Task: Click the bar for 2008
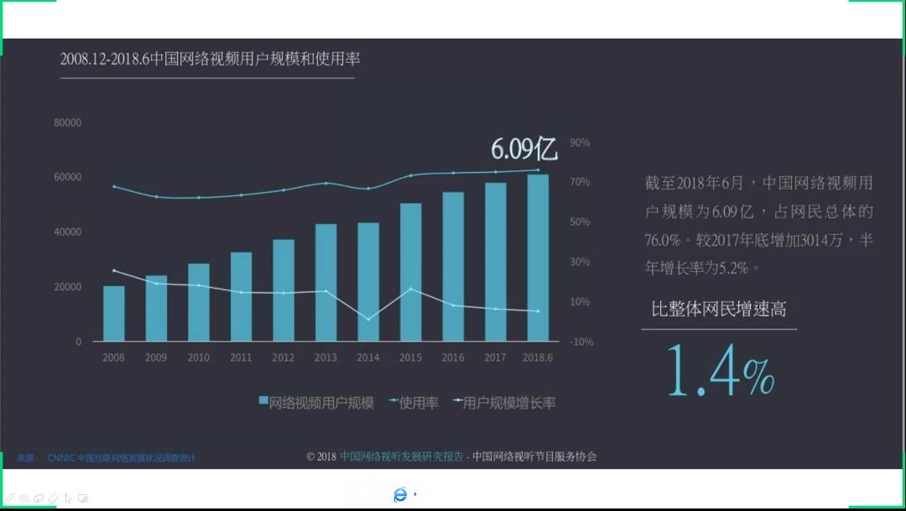113,314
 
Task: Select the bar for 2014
367,282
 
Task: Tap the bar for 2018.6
538,258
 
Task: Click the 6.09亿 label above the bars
523,149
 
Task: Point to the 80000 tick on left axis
67,123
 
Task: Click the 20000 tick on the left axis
67,287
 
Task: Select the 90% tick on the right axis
580,143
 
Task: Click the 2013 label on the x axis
325,357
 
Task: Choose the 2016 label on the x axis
453,357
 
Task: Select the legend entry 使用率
414,403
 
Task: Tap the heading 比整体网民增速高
719,309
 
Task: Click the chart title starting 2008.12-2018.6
210,59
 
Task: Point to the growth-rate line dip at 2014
368,319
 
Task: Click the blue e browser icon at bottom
400,494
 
